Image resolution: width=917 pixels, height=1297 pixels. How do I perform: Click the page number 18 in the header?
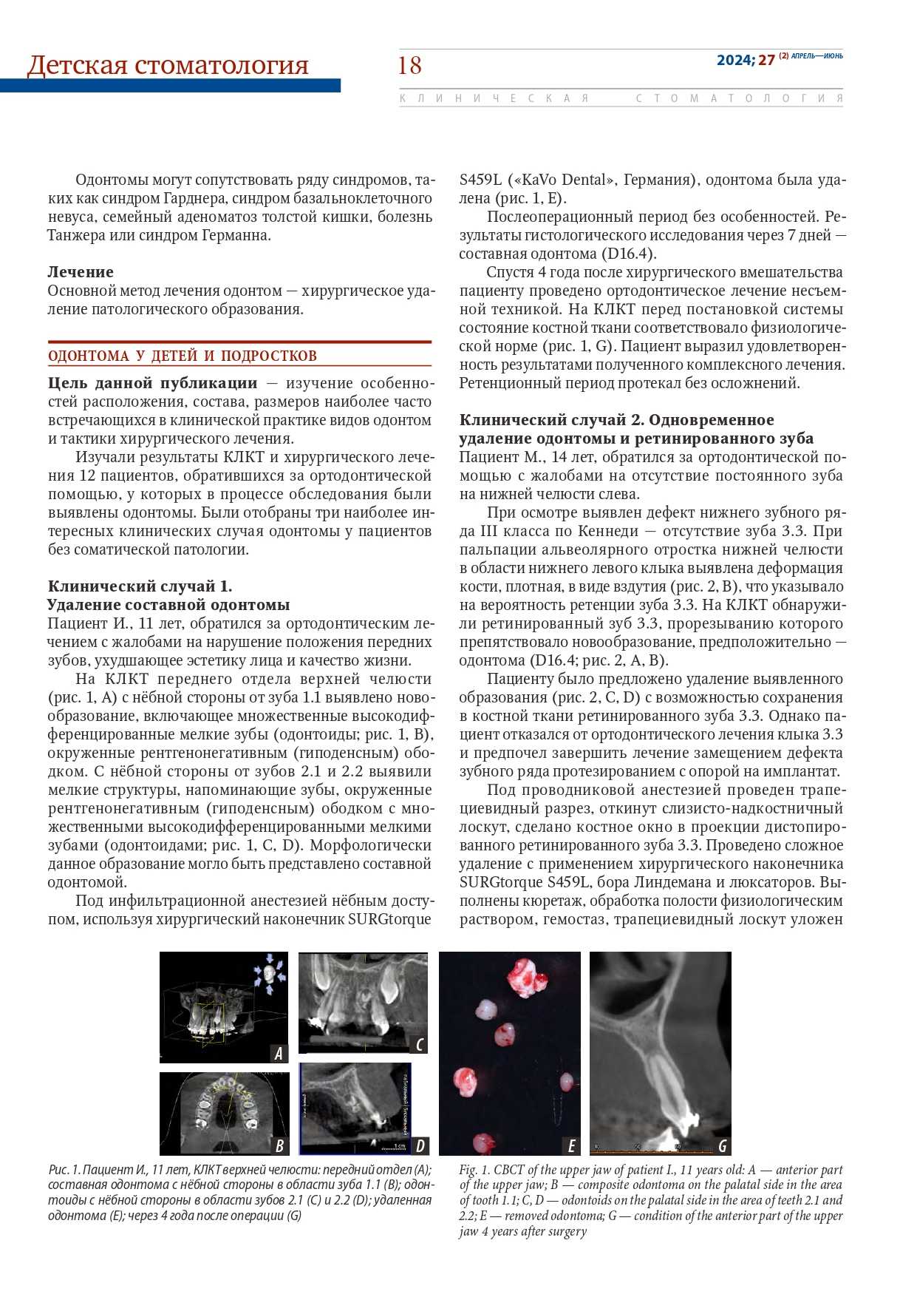(409, 66)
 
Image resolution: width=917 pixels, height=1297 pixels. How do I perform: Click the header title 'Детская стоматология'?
(168, 65)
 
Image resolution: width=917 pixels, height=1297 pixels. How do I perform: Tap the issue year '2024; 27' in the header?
(746, 60)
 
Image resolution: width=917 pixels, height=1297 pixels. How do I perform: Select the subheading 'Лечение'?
(81, 272)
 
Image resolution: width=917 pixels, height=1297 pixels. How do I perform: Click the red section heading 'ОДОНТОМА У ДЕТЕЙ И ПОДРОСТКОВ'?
(183, 356)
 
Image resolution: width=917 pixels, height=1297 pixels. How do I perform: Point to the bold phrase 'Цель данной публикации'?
(153, 383)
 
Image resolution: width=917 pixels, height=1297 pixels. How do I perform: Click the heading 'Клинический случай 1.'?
(140, 586)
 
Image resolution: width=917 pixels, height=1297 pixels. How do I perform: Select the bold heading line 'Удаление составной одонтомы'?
(168, 605)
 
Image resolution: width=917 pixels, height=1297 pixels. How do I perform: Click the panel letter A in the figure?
(279, 1054)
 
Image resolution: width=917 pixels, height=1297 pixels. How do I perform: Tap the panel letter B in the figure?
(279, 1146)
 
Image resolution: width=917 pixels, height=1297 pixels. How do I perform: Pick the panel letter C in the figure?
(419, 1044)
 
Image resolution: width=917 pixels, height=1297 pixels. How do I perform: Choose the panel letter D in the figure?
(420, 1146)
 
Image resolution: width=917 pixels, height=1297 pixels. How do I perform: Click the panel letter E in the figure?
(571, 1146)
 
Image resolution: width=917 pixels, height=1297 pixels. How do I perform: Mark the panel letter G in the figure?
(722, 1146)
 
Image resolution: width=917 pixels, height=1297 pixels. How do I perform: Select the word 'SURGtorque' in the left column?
(389, 919)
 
